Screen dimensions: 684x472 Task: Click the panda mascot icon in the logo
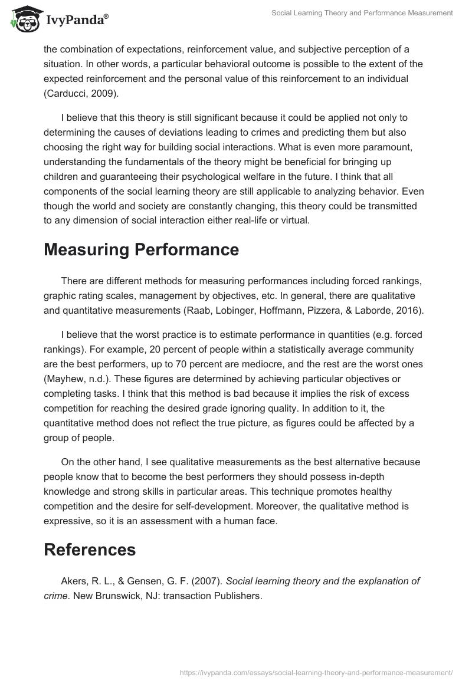click(x=23, y=20)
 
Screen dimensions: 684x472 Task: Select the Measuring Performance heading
click(x=141, y=249)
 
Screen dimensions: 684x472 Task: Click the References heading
click(x=90, y=550)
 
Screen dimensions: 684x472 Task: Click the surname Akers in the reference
click(x=73, y=581)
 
